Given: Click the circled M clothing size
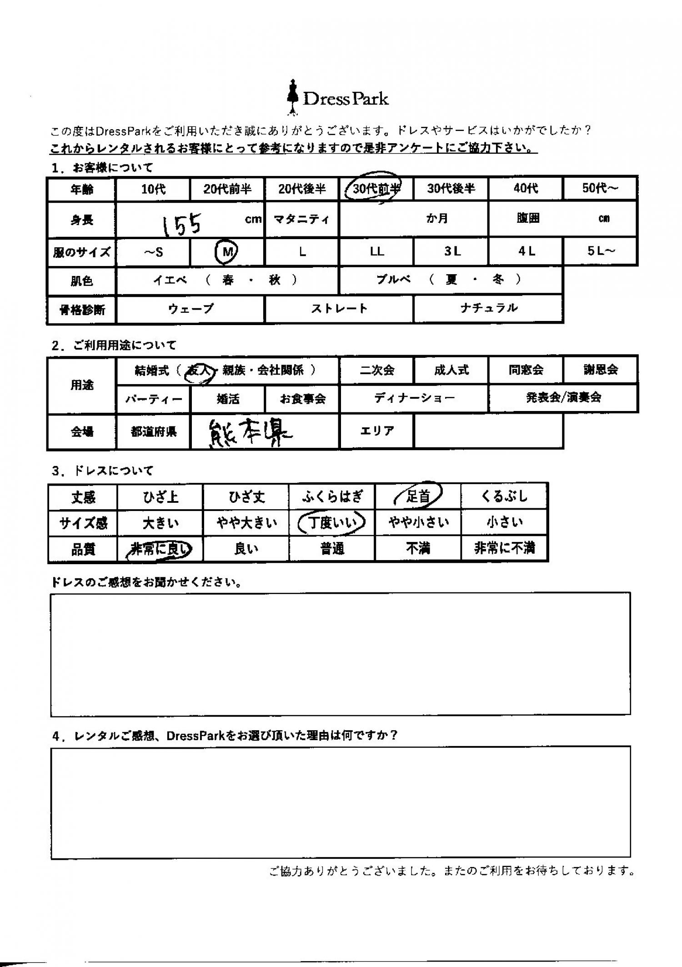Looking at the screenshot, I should click(226, 252).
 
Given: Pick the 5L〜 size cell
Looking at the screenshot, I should click(600, 251).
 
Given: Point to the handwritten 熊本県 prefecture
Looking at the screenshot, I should click(250, 432).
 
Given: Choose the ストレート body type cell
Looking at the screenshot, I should click(339, 309).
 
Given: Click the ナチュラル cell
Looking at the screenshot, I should click(488, 308).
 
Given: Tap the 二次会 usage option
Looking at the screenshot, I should click(377, 370).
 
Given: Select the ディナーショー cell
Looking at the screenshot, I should click(414, 398).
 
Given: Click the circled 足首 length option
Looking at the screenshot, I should click(418, 496).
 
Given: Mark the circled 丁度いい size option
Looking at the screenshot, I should click(332, 523).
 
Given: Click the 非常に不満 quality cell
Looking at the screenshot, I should click(504, 549).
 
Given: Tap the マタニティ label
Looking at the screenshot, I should click(301, 220).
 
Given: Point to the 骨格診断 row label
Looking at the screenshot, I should click(82, 310).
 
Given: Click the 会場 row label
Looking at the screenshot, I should click(82, 431).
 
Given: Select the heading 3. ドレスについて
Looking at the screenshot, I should click(102, 471).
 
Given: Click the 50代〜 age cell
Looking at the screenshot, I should click(600, 188).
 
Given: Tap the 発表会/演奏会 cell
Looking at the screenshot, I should click(563, 398).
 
